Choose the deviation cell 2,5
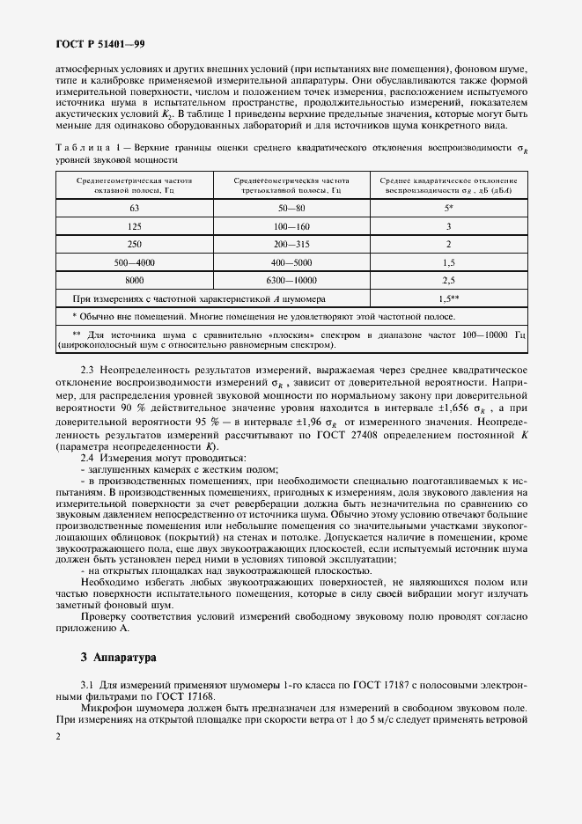click(447, 280)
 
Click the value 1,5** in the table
click(447, 298)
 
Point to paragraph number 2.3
click(88, 371)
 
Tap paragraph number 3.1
click(88, 684)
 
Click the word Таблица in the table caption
click(80, 147)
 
